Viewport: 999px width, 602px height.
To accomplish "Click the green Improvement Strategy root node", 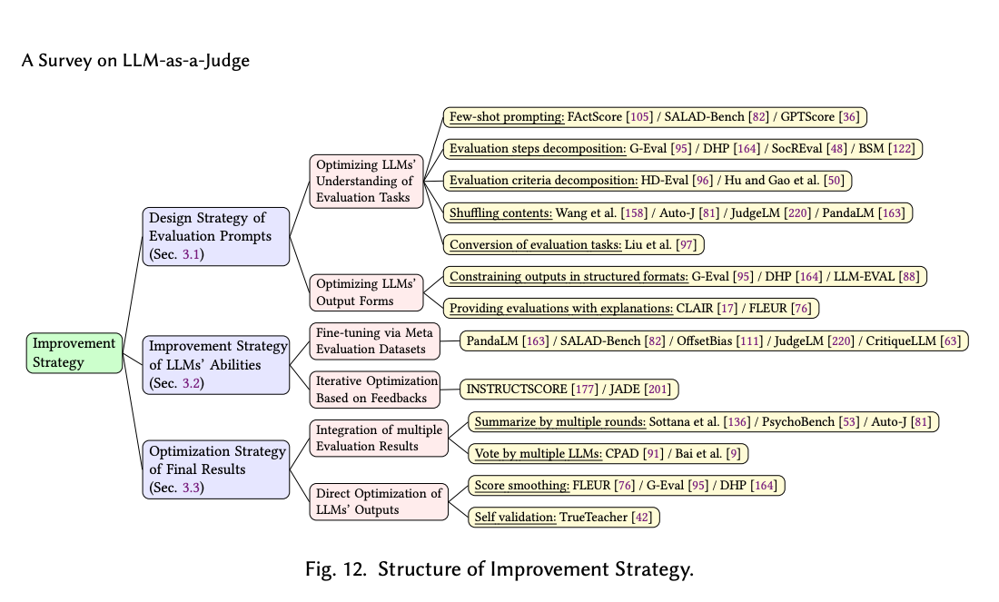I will pyautogui.click(x=74, y=352).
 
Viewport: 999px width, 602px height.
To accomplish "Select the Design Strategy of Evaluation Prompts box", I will pyautogui.click(x=215, y=236).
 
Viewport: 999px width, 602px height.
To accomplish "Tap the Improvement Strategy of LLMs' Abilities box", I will pyautogui.click(x=215, y=364).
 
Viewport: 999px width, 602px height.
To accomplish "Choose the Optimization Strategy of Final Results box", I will pyautogui.click(x=215, y=469).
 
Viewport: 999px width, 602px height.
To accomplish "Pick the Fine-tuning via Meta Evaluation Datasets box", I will pyautogui.click(x=374, y=340).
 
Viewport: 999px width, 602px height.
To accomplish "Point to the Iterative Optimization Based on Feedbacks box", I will pyautogui.click(x=374, y=389).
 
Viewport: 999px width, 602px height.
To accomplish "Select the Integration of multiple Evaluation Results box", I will pyautogui.click(x=379, y=438).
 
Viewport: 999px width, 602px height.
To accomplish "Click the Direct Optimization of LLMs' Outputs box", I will pyautogui.click(x=379, y=501).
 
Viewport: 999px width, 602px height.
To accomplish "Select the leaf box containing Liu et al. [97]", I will pyautogui.click(x=574, y=244).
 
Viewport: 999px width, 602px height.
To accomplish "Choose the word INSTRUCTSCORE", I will pyautogui.click(x=516, y=390).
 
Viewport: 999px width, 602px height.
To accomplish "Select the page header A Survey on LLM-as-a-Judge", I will pyautogui.click(x=135, y=62).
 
